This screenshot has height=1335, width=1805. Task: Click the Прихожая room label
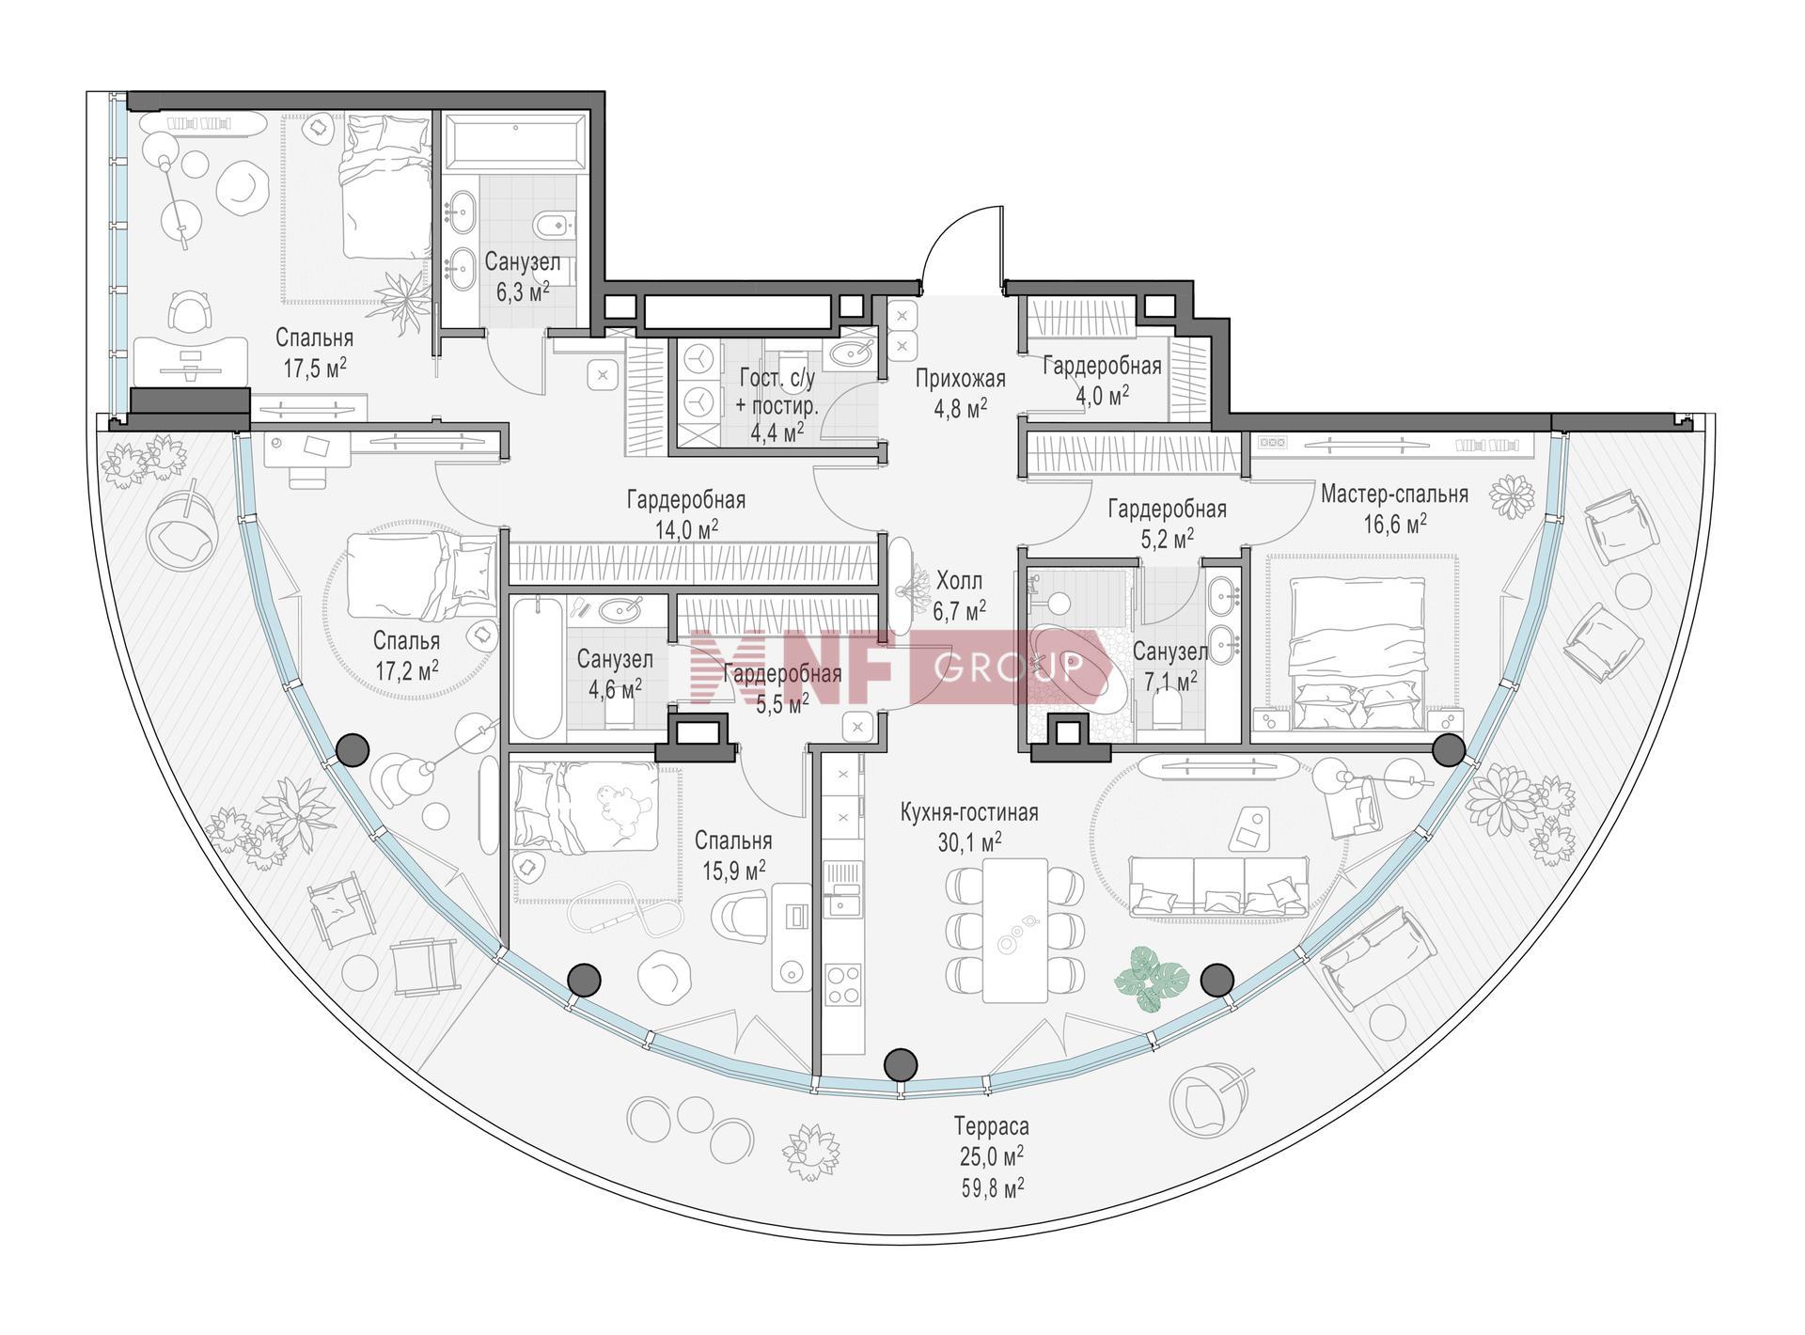click(960, 379)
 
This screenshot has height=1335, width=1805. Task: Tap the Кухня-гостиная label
click(969, 812)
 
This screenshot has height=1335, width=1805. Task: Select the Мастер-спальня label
click(1394, 494)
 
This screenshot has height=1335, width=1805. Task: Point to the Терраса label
click(991, 1125)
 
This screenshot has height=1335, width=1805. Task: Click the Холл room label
click(959, 580)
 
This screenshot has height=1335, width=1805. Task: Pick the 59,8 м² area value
click(991, 1188)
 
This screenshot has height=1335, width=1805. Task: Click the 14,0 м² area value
click(687, 530)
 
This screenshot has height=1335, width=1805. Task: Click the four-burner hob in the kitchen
click(842, 984)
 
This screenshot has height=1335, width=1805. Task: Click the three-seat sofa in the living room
click(1217, 886)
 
